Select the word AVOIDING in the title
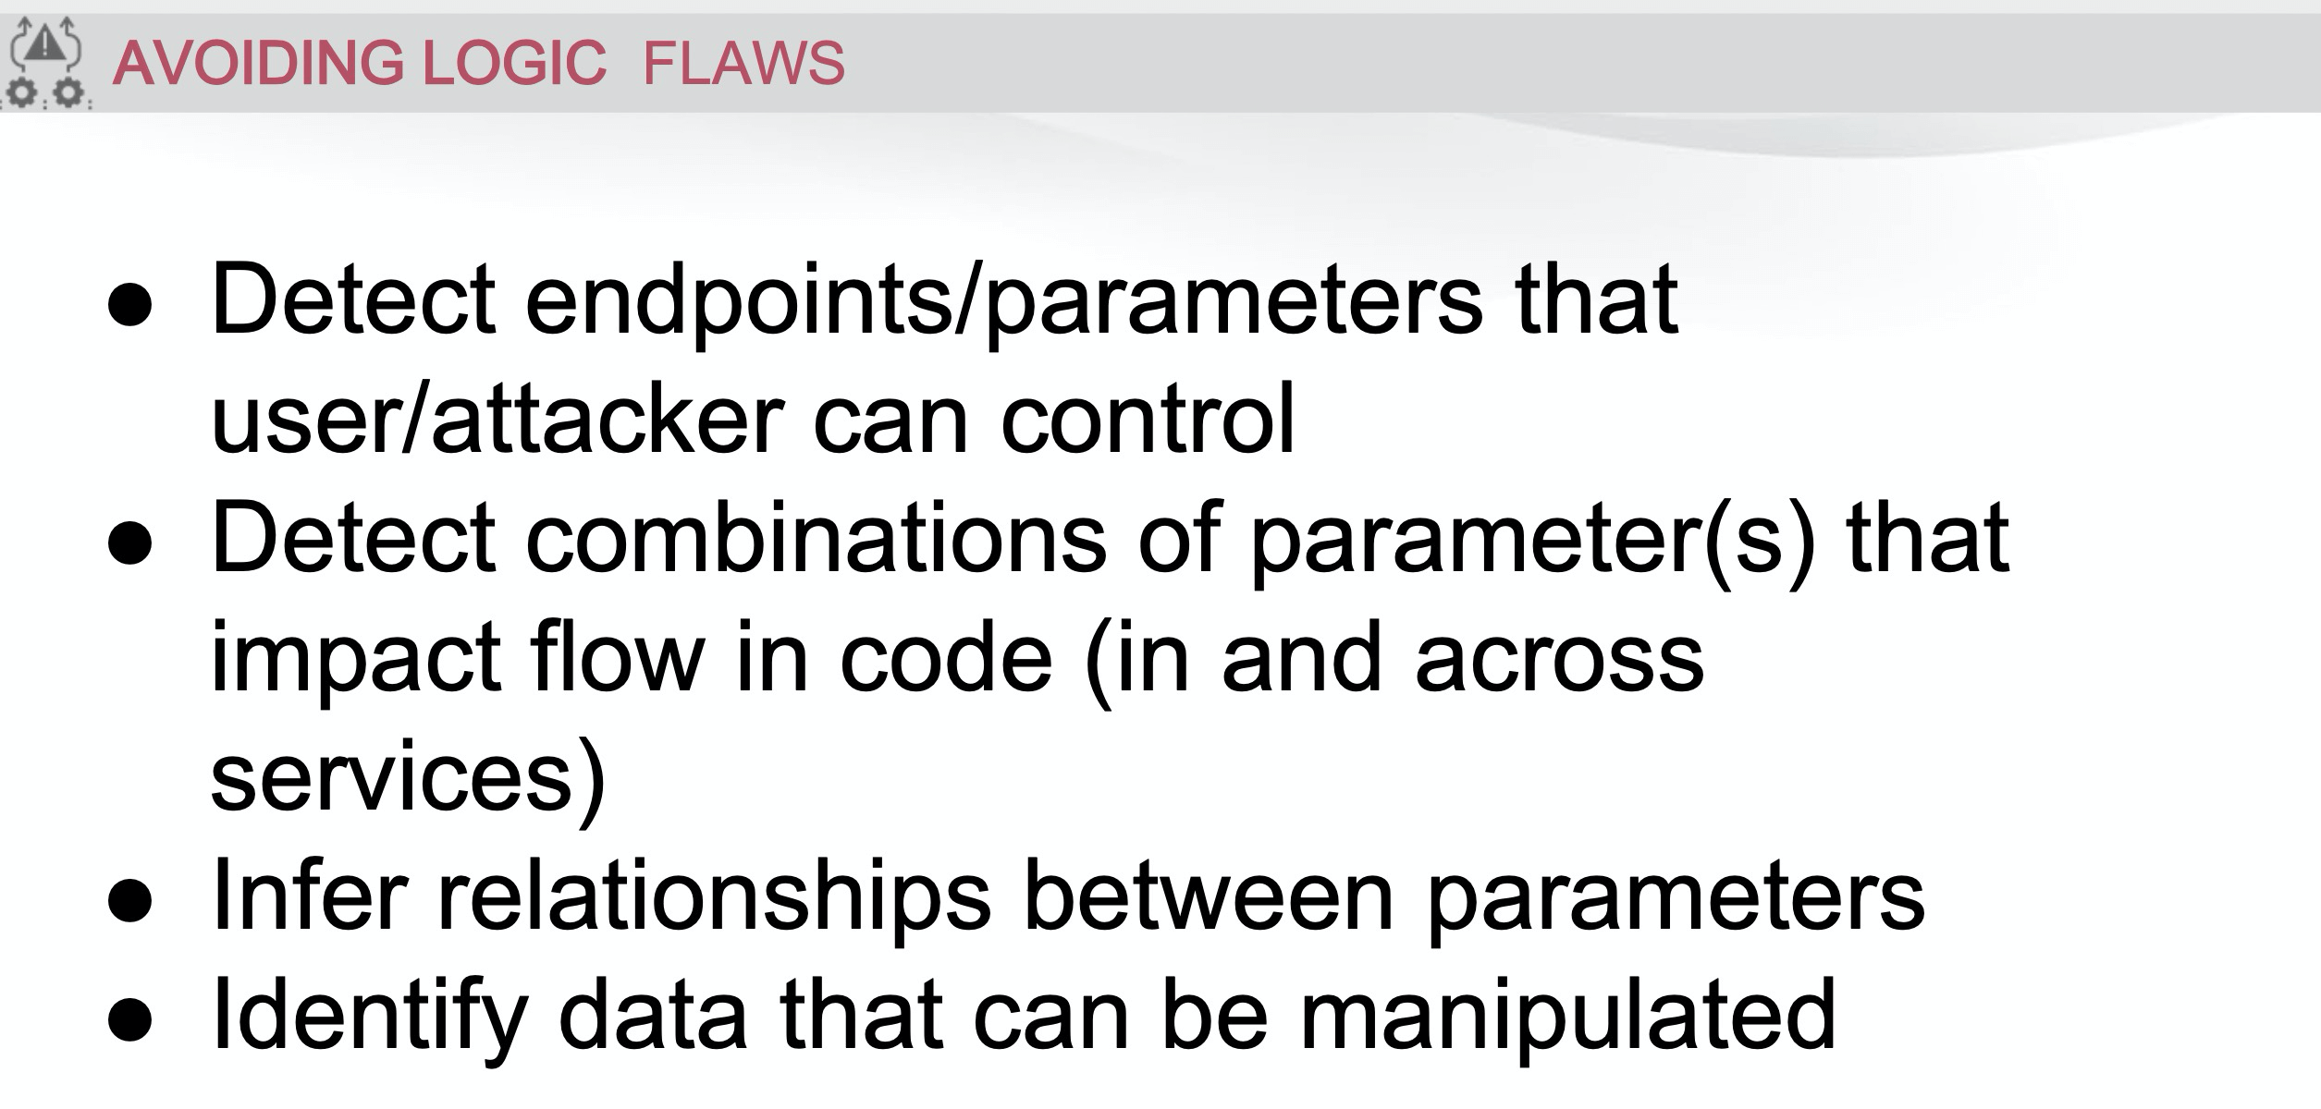(258, 63)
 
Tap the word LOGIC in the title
(514, 63)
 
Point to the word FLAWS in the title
(743, 63)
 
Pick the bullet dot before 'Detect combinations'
(129, 543)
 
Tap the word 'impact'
(357, 660)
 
